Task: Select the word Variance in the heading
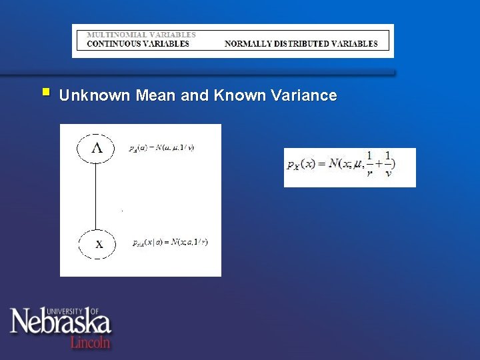(x=304, y=95)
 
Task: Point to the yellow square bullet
(x=45, y=91)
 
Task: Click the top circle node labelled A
(x=97, y=149)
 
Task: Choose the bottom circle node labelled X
(x=99, y=244)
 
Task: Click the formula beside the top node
(x=161, y=148)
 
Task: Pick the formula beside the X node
(x=170, y=242)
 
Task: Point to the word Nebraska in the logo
(x=60, y=323)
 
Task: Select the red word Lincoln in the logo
(x=90, y=342)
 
